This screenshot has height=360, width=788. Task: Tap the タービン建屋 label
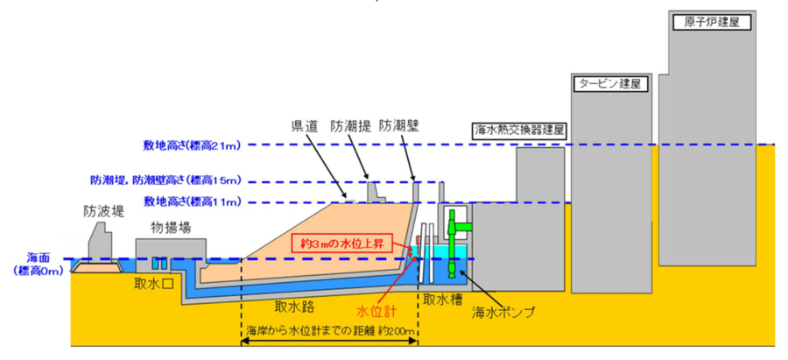click(608, 85)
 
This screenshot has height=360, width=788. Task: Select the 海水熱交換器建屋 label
click(520, 130)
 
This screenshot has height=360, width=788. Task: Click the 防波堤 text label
click(102, 210)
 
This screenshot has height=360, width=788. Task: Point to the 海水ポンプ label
click(503, 310)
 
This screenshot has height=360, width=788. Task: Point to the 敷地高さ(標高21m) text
click(190, 145)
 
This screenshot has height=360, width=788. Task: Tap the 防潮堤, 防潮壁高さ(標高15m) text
click(165, 180)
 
